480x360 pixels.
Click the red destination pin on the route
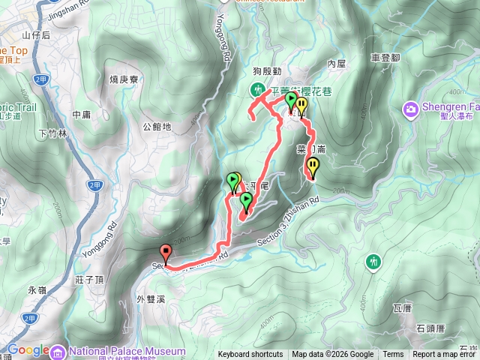[x=166, y=253]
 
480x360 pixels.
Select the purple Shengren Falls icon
[x=411, y=109]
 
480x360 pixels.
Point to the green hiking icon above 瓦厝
[x=373, y=262]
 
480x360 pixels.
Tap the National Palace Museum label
[x=127, y=351]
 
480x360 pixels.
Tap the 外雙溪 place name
[x=151, y=298]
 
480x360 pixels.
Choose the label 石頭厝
[x=430, y=328]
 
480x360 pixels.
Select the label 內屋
[x=336, y=64]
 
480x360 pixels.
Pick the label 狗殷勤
[x=266, y=72]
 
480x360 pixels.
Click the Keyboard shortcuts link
[x=250, y=355]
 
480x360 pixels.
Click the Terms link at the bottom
[x=393, y=355]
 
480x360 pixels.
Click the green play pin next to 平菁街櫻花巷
[x=291, y=100]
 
